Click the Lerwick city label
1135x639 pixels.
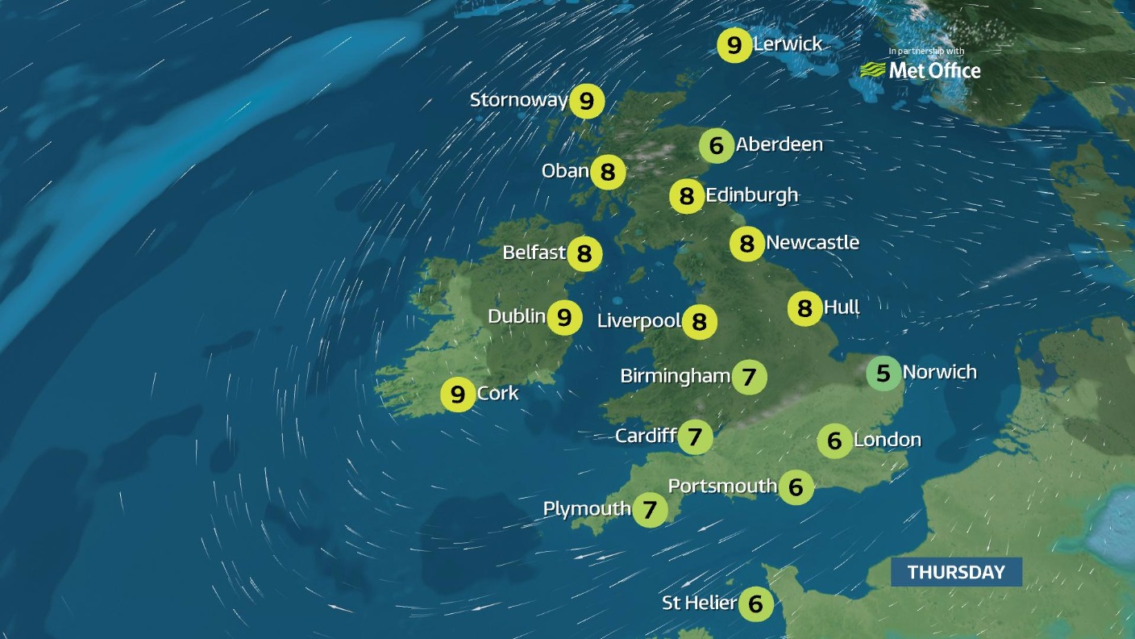click(788, 44)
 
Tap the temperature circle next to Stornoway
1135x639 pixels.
click(587, 102)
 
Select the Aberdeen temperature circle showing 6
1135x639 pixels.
click(716, 146)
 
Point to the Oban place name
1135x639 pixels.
click(565, 171)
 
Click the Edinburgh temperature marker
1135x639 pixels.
click(687, 196)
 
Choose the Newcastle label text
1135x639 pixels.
click(812, 242)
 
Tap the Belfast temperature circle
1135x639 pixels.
click(584, 254)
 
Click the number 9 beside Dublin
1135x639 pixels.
click(564, 317)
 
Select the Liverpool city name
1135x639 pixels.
click(638, 321)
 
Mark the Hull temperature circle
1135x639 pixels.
click(804, 308)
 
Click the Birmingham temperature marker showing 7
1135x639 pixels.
click(749, 377)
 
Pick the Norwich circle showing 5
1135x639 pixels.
click(883, 374)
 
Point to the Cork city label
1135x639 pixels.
click(497, 394)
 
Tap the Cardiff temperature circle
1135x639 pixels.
click(695, 437)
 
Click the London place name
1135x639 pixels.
click(887, 440)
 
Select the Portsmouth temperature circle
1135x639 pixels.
click(796, 487)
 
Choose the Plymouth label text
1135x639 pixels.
click(586, 509)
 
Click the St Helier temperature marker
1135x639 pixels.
click(755, 603)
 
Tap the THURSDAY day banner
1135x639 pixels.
click(956, 572)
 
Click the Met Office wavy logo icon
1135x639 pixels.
click(873, 70)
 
